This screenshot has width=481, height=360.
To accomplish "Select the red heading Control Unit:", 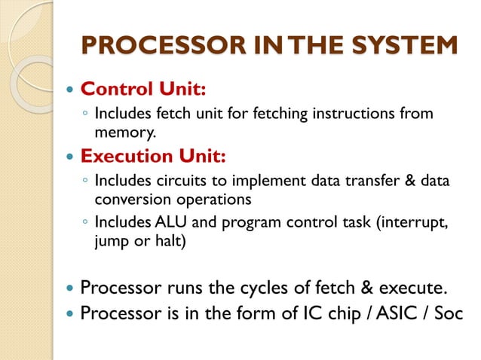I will (x=142, y=90).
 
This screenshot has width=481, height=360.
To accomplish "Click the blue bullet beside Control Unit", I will (x=70, y=90).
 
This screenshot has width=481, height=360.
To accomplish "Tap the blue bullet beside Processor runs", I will (x=70, y=288).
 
